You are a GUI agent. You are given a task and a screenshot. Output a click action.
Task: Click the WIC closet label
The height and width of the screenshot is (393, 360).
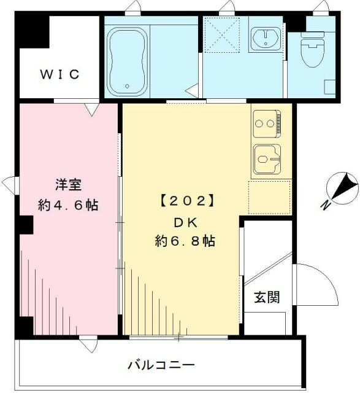(60, 75)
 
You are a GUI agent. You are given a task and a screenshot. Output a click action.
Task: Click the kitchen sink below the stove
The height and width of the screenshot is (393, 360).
(267, 159)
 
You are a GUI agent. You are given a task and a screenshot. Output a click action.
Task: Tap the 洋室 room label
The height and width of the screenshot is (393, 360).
(69, 184)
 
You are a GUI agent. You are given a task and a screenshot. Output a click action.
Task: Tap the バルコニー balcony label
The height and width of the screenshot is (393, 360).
(161, 365)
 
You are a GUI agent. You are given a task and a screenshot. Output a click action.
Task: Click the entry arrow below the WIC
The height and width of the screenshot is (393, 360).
(91, 110)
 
